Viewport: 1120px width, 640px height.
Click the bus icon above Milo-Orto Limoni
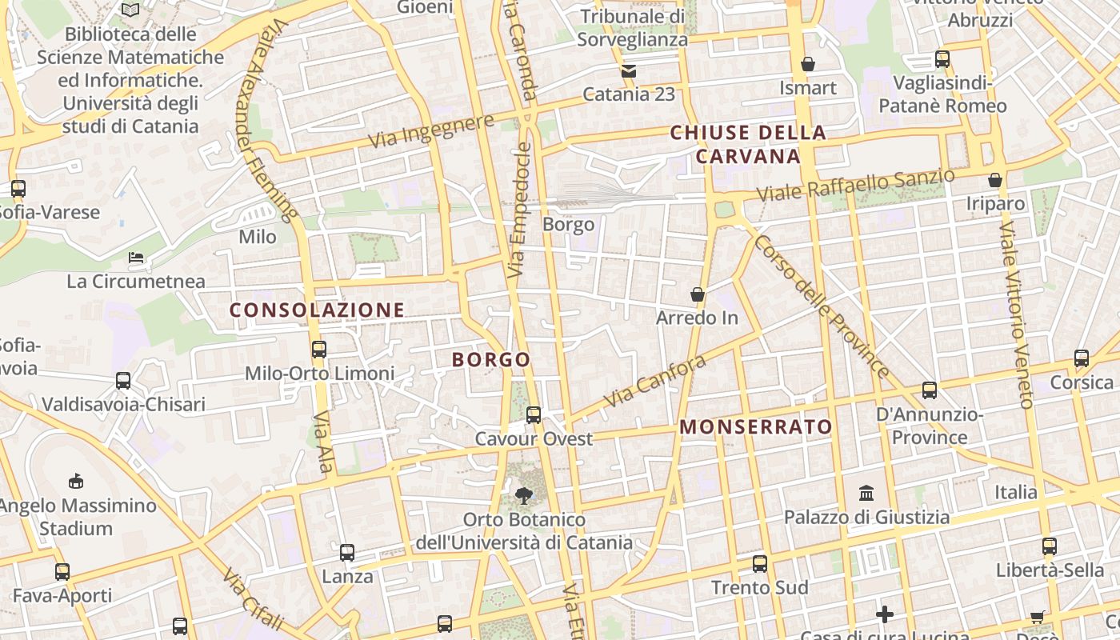318,349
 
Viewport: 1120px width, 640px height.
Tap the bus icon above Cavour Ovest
534,414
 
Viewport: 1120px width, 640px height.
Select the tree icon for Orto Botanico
523,496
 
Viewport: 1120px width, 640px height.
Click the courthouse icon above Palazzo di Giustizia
866,493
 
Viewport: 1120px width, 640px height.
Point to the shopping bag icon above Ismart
808,64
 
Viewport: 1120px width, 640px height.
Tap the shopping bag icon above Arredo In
698,294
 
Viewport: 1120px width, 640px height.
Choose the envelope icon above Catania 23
628,70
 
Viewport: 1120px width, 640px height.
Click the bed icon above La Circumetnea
136,258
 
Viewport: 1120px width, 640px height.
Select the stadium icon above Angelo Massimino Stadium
76,481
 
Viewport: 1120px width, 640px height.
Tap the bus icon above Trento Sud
760,563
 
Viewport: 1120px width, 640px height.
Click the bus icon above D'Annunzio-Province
929,390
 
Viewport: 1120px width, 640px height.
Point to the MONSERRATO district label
756,427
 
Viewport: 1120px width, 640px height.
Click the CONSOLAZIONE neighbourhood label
318,310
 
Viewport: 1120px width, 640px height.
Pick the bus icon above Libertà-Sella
1049,546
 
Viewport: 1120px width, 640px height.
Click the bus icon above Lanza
347,552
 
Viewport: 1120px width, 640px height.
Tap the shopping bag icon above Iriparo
995,180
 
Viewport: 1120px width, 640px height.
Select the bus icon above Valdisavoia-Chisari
123,380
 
